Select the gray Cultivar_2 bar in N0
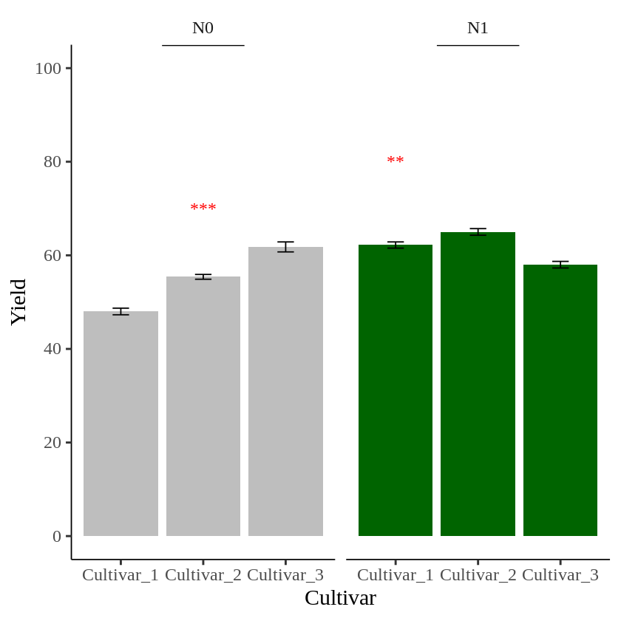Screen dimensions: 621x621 pos(203,407)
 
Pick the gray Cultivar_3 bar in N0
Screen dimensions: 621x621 pos(285,392)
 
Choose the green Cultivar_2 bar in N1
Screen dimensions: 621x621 pos(478,384)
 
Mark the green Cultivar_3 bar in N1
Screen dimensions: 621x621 pos(560,400)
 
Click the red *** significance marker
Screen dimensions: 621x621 pos(203,208)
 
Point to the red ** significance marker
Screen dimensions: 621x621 pos(396,161)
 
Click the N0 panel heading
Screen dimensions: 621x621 pos(203,28)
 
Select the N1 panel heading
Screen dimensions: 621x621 pos(478,28)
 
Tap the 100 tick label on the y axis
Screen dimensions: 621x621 pos(48,68)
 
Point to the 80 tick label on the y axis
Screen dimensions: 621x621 pos(52,161)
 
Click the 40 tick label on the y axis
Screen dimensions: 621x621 pos(52,348)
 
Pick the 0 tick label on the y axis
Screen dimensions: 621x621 pos(57,536)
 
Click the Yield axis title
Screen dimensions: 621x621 pos(18,302)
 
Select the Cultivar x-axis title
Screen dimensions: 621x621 pos(340,597)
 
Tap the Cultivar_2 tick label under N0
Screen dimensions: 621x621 pos(203,575)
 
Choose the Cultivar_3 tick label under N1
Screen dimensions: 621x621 pos(560,575)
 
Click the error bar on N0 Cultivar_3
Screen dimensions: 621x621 pos(285,247)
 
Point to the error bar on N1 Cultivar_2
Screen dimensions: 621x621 pos(478,232)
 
